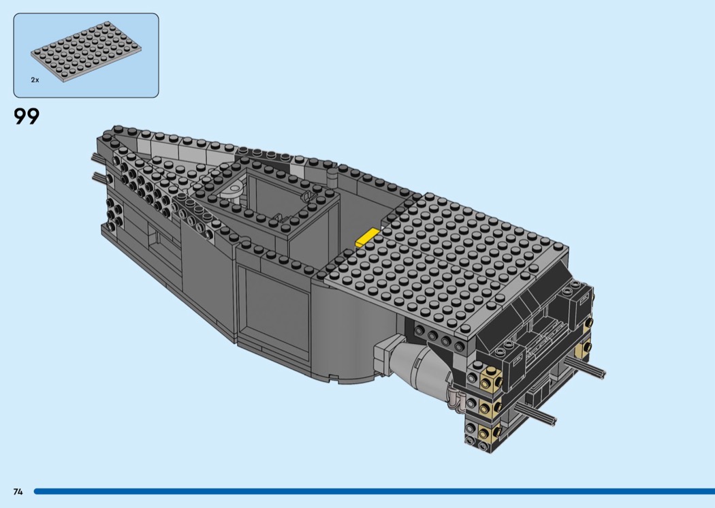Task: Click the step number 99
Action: click(x=27, y=116)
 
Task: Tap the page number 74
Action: click(x=18, y=492)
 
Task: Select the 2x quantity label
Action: click(x=35, y=80)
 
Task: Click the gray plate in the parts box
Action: click(x=86, y=51)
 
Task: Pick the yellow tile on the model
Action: click(x=368, y=238)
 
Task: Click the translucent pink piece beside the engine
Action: click(x=456, y=398)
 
